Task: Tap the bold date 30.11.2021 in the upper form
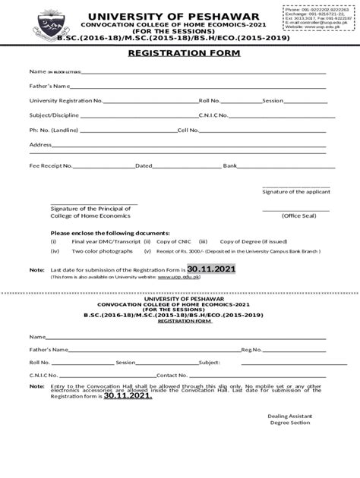pos(212,269)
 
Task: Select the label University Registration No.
pos(66,100)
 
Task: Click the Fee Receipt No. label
pos(51,165)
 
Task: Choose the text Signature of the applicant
pos(296,192)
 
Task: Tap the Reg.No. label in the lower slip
pos(251,350)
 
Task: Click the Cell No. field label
pos(188,130)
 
